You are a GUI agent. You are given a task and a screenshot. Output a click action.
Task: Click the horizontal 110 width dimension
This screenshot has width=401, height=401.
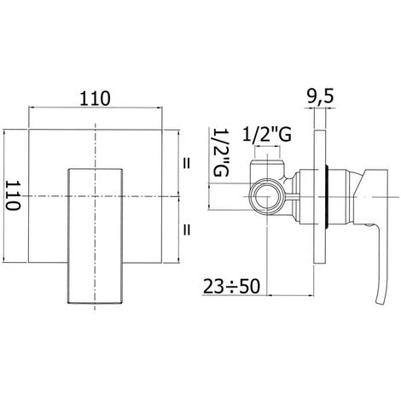[x=95, y=98]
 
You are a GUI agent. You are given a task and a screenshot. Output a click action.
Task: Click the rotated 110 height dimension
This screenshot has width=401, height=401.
[x=14, y=195]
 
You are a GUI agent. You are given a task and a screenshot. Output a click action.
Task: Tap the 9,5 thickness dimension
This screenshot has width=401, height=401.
[x=320, y=96]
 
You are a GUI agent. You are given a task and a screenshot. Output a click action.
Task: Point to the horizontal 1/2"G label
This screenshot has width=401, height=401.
[x=267, y=135]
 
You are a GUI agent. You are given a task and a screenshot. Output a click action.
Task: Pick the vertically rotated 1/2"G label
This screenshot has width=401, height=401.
[x=221, y=152]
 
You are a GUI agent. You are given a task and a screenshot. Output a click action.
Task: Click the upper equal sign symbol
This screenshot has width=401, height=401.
[x=186, y=164]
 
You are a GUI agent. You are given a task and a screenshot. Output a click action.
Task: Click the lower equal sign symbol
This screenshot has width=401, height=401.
[x=186, y=230]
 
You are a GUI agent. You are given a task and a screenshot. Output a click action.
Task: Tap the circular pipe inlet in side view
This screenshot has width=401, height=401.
[x=267, y=197]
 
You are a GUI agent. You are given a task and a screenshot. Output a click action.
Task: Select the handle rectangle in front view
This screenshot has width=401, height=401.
[x=95, y=236]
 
